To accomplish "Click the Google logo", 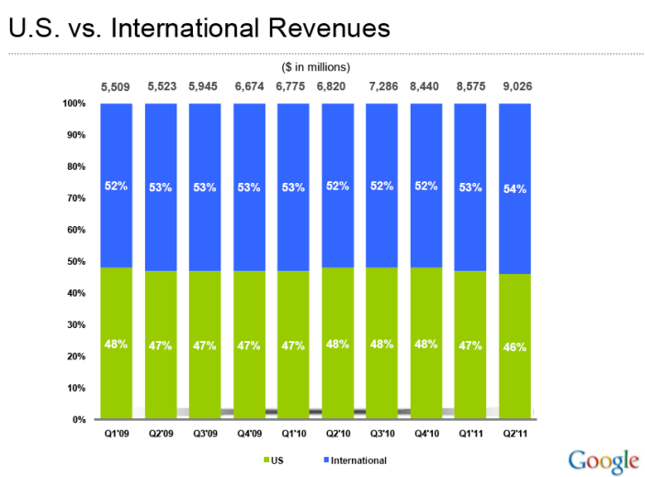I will tap(603, 459).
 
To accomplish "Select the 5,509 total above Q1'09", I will tap(116, 87).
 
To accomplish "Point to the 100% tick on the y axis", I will tap(75, 104).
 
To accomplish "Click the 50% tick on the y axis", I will tap(77, 262).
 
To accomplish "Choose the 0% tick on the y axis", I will tap(79, 420).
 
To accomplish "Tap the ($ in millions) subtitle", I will tap(315, 66).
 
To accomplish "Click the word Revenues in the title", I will tap(325, 27).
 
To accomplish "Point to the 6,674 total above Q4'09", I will tap(249, 87).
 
